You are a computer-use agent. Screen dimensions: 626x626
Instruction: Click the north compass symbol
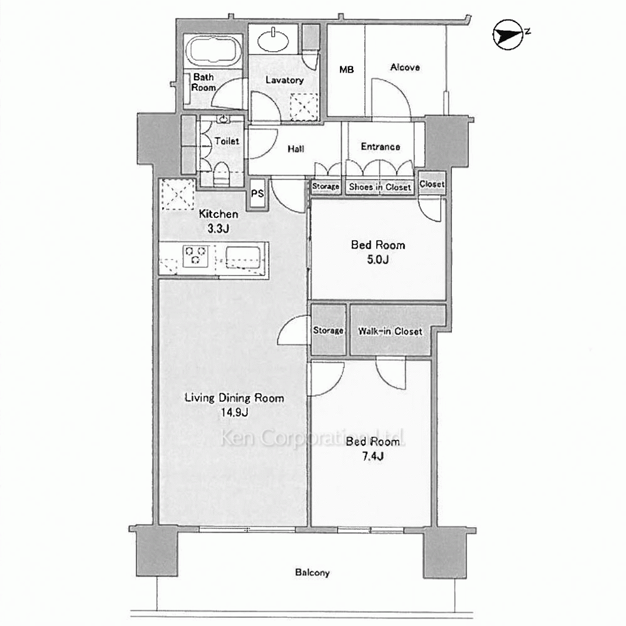(x=508, y=34)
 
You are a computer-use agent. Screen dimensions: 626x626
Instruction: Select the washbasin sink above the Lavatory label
(x=273, y=39)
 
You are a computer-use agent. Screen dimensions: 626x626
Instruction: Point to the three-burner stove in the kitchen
(x=195, y=256)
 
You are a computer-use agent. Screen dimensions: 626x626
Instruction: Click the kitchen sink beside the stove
(x=243, y=257)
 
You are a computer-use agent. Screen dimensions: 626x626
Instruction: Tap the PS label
(x=257, y=193)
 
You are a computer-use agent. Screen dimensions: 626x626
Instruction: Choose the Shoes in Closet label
(x=380, y=187)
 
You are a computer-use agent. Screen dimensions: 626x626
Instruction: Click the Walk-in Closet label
(x=390, y=331)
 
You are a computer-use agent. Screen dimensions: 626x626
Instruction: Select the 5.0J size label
(x=377, y=260)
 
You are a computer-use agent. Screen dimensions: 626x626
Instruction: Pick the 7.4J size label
(x=373, y=456)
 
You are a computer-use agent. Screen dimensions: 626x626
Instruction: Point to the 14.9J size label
(x=234, y=413)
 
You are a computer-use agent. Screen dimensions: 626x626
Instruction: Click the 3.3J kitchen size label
(x=218, y=228)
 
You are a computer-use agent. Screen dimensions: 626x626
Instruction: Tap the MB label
(x=346, y=70)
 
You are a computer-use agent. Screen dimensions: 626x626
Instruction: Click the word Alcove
(x=405, y=68)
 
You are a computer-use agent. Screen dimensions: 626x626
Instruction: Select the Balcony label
(x=312, y=573)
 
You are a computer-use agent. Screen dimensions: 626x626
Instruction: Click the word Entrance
(x=380, y=146)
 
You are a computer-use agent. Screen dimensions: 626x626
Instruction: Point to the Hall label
(x=296, y=149)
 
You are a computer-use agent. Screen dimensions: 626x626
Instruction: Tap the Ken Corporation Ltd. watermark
(x=312, y=438)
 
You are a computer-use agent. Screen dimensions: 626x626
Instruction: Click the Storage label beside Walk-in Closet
(x=328, y=331)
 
